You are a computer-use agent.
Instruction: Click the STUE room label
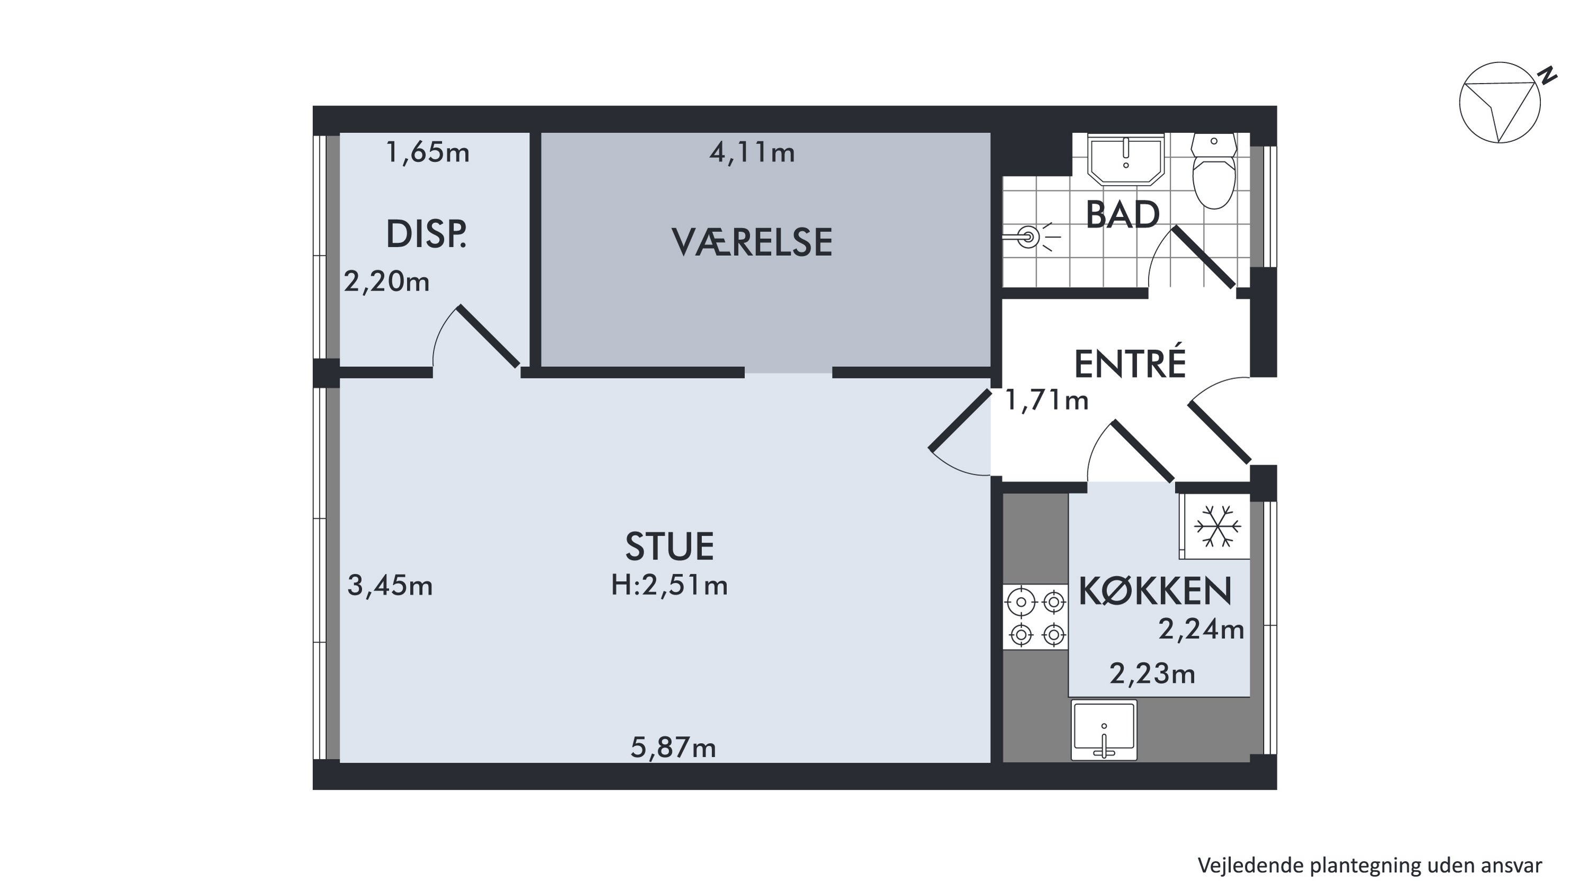click(670, 547)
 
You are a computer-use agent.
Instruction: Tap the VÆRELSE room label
click(752, 242)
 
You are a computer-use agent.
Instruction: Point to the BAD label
click(1123, 214)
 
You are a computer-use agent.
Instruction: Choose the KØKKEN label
click(1155, 591)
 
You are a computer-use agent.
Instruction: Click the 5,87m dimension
click(673, 747)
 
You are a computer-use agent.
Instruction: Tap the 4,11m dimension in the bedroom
click(752, 152)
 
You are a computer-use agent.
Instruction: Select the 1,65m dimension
click(427, 152)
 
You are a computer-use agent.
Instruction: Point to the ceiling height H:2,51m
click(670, 585)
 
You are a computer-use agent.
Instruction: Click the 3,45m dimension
click(390, 585)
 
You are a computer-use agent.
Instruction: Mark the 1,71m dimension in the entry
click(1046, 401)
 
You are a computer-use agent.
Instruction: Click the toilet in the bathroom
click(1214, 170)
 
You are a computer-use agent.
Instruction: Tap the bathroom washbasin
click(1126, 159)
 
